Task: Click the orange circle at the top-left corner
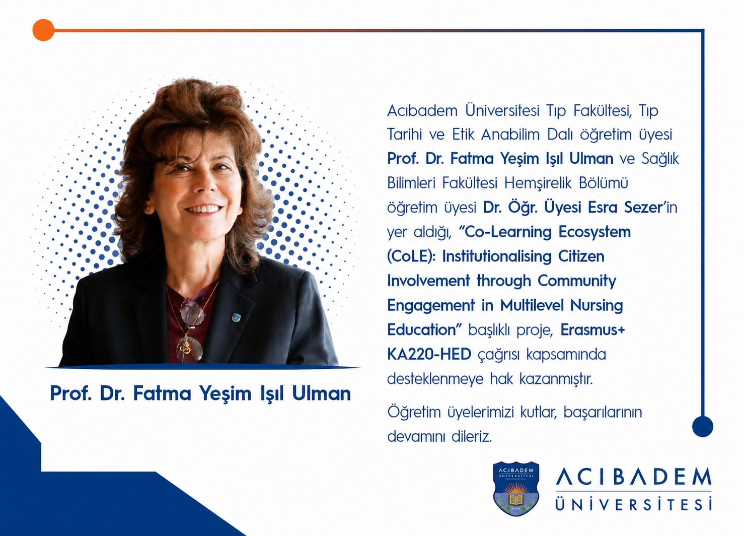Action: click(x=43, y=30)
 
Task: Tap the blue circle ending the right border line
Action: click(x=703, y=426)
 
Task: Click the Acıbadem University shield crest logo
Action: click(x=516, y=489)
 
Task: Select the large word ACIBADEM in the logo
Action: click(x=633, y=477)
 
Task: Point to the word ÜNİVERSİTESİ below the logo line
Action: click(x=633, y=504)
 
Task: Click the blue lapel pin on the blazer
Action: click(x=236, y=318)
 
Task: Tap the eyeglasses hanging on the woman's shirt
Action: click(x=191, y=329)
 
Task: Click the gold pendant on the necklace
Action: click(x=187, y=346)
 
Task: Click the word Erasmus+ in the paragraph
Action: click(x=592, y=329)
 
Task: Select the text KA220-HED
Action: click(x=429, y=354)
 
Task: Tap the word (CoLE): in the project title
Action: click(x=411, y=256)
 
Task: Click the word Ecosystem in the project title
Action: click(x=594, y=232)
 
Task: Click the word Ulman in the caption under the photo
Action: click(x=321, y=393)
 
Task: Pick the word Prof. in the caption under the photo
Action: click(x=71, y=393)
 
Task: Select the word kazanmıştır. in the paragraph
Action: click(x=556, y=379)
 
